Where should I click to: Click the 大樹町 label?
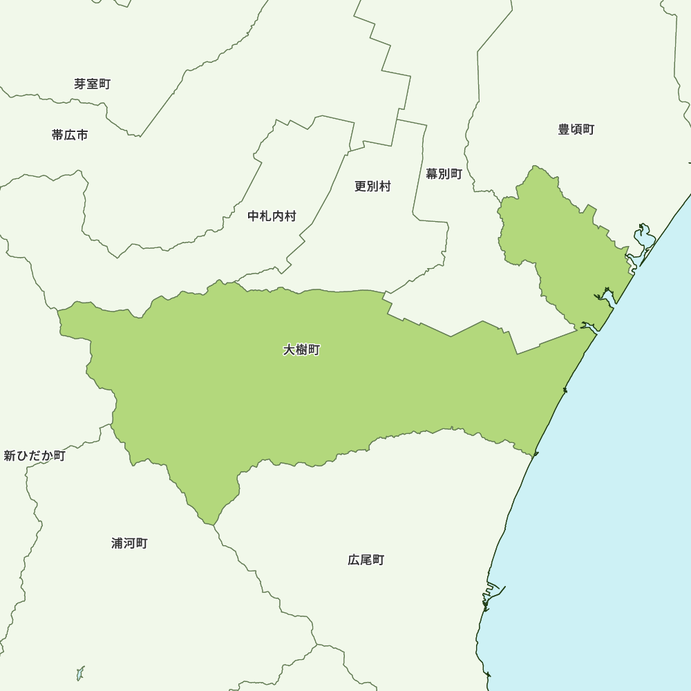coord(301,350)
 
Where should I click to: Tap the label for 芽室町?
coord(92,84)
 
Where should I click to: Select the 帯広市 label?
coord(70,135)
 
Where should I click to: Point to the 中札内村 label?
coord(272,216)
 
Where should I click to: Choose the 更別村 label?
coord(372,187)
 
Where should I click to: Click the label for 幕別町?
coord(444,174)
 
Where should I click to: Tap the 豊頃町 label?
coord(576,129)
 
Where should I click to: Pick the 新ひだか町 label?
coord(34,456)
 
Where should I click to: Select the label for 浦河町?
coord(129,543)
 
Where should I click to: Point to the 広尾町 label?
coord(366,560)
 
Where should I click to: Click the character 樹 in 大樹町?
coord(301,350)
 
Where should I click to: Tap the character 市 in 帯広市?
coord(82,135)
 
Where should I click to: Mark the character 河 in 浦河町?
coord(129,543)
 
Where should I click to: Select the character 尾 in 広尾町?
coord(366,560)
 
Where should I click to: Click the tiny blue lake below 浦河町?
coord(80,672)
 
